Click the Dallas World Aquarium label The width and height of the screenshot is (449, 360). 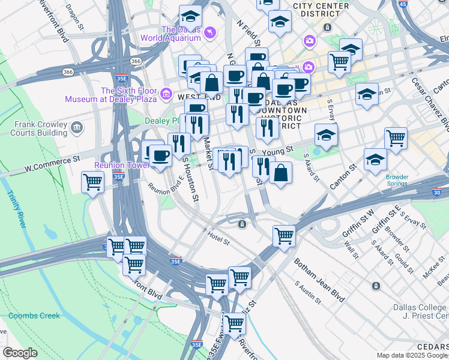[171, 33]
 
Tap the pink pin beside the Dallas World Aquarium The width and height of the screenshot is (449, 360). [209, 32]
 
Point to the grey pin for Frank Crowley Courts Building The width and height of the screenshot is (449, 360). [77, 127]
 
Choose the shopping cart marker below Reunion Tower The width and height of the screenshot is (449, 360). [92, 182]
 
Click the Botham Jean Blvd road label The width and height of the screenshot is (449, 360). [319, 280]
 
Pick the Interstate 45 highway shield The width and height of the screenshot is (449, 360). [402, 4]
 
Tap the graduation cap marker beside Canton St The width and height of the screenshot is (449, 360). [375, 160]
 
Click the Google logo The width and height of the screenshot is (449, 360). [20, 353]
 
